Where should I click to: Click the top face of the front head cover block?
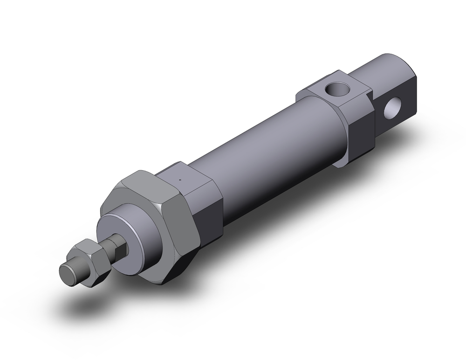(x=186, y=175)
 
